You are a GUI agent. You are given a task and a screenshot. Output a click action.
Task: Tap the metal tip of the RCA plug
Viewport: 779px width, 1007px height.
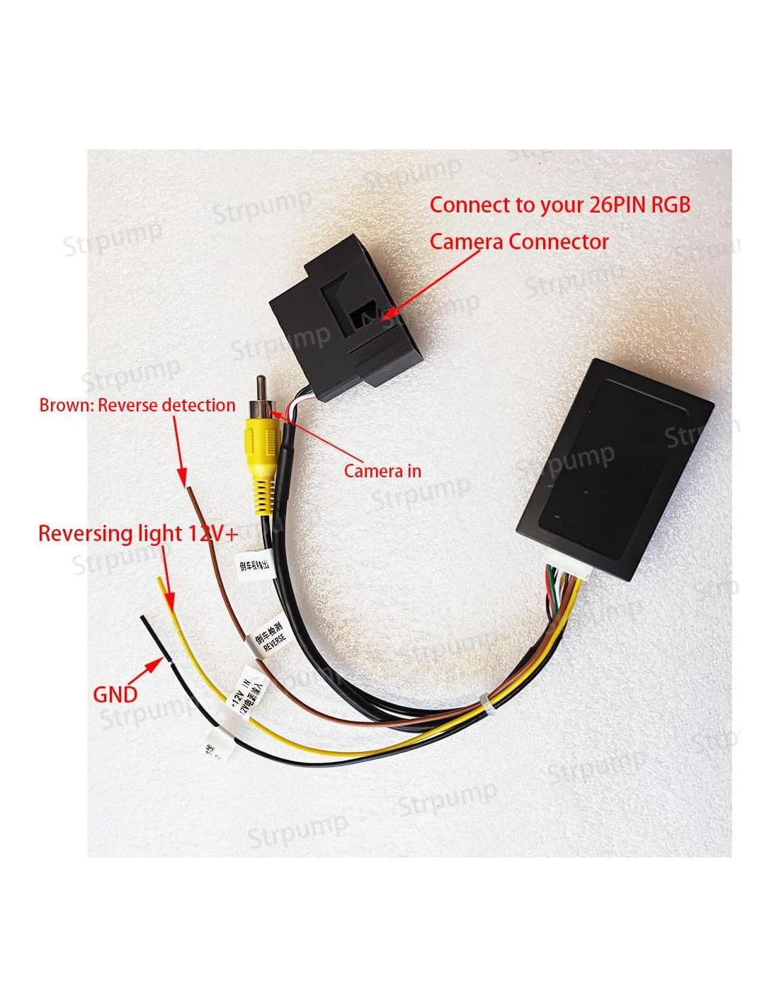coord(261,388)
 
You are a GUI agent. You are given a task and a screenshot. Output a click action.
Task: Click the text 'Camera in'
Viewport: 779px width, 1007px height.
coord(382,471)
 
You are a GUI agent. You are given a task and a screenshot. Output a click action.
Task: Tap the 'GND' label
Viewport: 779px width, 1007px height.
coord(115,695)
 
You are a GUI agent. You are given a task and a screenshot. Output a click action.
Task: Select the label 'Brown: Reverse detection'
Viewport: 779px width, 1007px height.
coord(137,406)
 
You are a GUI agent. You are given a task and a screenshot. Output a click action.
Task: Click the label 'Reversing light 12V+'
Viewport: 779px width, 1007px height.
coord(138,533)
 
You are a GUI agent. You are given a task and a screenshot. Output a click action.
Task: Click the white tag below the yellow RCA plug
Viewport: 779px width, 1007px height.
coord(254,564)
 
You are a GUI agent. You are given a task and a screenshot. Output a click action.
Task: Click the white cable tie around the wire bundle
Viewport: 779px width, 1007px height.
coord(487,706)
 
